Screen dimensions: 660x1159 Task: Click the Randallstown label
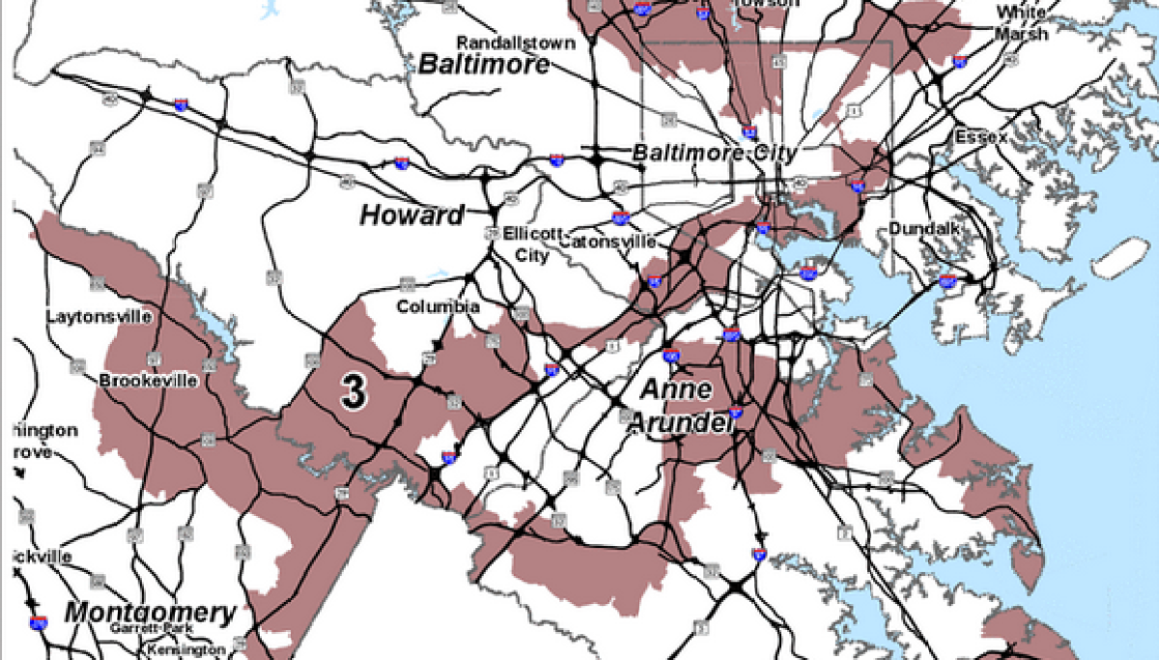(516, 43)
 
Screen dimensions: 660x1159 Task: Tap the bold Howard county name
(412, 215)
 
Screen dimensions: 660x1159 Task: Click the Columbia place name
(438, 306)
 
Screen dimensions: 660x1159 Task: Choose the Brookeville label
(148, 381)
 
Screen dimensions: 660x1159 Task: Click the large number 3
(354, 391)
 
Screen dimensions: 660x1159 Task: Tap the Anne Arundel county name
(676, 406)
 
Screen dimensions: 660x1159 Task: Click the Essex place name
(980, 137)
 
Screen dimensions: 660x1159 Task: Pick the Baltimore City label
(714, 154)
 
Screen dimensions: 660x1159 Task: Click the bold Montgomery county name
(150, 612)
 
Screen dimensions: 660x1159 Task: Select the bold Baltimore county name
(484, 65)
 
